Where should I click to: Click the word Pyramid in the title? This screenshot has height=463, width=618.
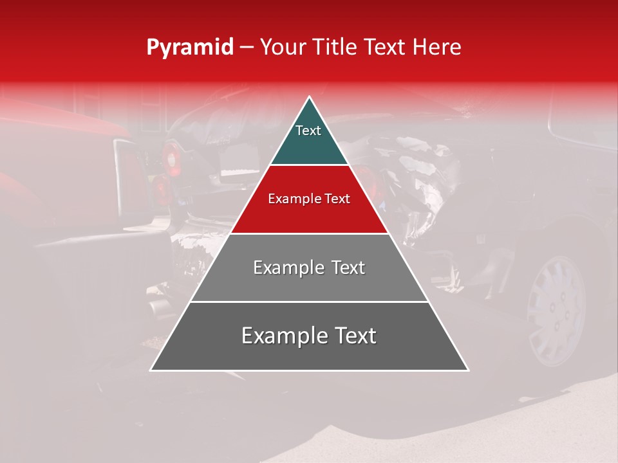(x=189, y=48)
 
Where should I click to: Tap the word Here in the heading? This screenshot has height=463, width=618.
(x=437, y=48)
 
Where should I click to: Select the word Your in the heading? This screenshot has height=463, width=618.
(x=283, y=48)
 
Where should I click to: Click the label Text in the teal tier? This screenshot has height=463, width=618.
(x=308, y=131)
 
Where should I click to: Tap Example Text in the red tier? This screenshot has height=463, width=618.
(x=309, y=199)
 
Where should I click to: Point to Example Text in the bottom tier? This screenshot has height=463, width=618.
(x=309, y=336)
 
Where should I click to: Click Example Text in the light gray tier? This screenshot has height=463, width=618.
(x=309, y=268)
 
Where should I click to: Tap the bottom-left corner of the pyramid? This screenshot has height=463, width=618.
(x=152, y=370)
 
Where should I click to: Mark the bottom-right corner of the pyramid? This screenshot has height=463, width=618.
(x=467, y=370)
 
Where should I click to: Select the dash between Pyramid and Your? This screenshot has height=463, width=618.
(x=246, y=48)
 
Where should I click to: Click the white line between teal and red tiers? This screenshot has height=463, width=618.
(x=309, y=165)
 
